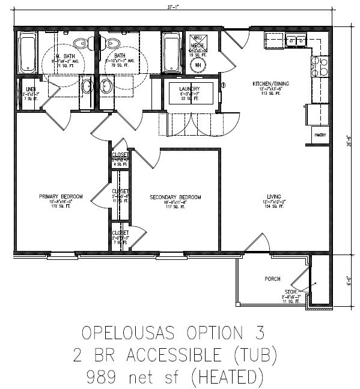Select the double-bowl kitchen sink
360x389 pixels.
click(x=296, y=40)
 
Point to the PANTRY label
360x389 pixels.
click(x=319, y=135)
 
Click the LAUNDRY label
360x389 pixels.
click(x=189, y=88)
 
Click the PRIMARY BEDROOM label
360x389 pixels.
click(x=61, y=196)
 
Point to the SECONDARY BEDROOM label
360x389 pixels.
click(x=175, y=198)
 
